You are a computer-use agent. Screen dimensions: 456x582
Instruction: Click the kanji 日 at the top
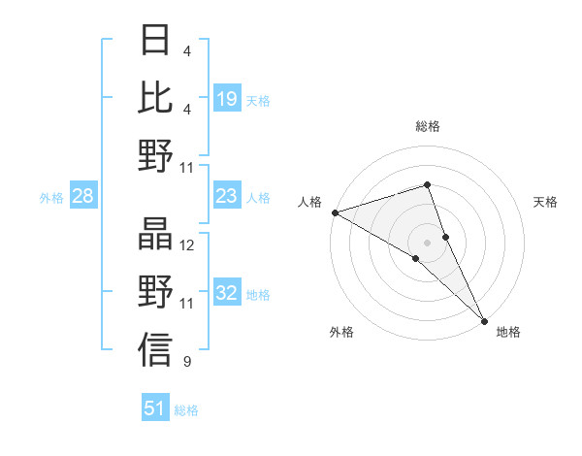point(155,41)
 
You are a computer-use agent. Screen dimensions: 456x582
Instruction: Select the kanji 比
point(155,97)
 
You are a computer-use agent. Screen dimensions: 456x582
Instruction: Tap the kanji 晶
point(155,234)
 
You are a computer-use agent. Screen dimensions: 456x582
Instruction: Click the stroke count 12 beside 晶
point(187,246)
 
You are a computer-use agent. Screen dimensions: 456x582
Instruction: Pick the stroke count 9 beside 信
point(187,363)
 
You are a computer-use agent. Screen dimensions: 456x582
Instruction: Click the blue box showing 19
point(227,99)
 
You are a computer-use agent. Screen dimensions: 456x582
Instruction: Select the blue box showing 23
point(227,197)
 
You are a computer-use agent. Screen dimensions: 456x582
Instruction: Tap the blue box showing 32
point(227,294)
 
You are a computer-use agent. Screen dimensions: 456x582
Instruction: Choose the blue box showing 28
point(83,197)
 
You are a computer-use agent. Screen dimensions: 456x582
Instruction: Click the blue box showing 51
point(155,408)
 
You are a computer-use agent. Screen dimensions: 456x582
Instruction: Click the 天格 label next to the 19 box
point(258,100)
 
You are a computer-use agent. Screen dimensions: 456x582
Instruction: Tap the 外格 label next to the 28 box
point(51,198)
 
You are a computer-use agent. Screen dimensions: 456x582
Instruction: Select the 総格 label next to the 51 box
point(186,410)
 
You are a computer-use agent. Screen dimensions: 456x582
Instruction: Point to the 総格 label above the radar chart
point(428,127)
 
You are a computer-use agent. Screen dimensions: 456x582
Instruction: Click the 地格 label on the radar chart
point(508,332)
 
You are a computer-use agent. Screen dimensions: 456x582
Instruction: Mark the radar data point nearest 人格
point(335,212)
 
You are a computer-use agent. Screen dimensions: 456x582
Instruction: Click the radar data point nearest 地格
point(483,319)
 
